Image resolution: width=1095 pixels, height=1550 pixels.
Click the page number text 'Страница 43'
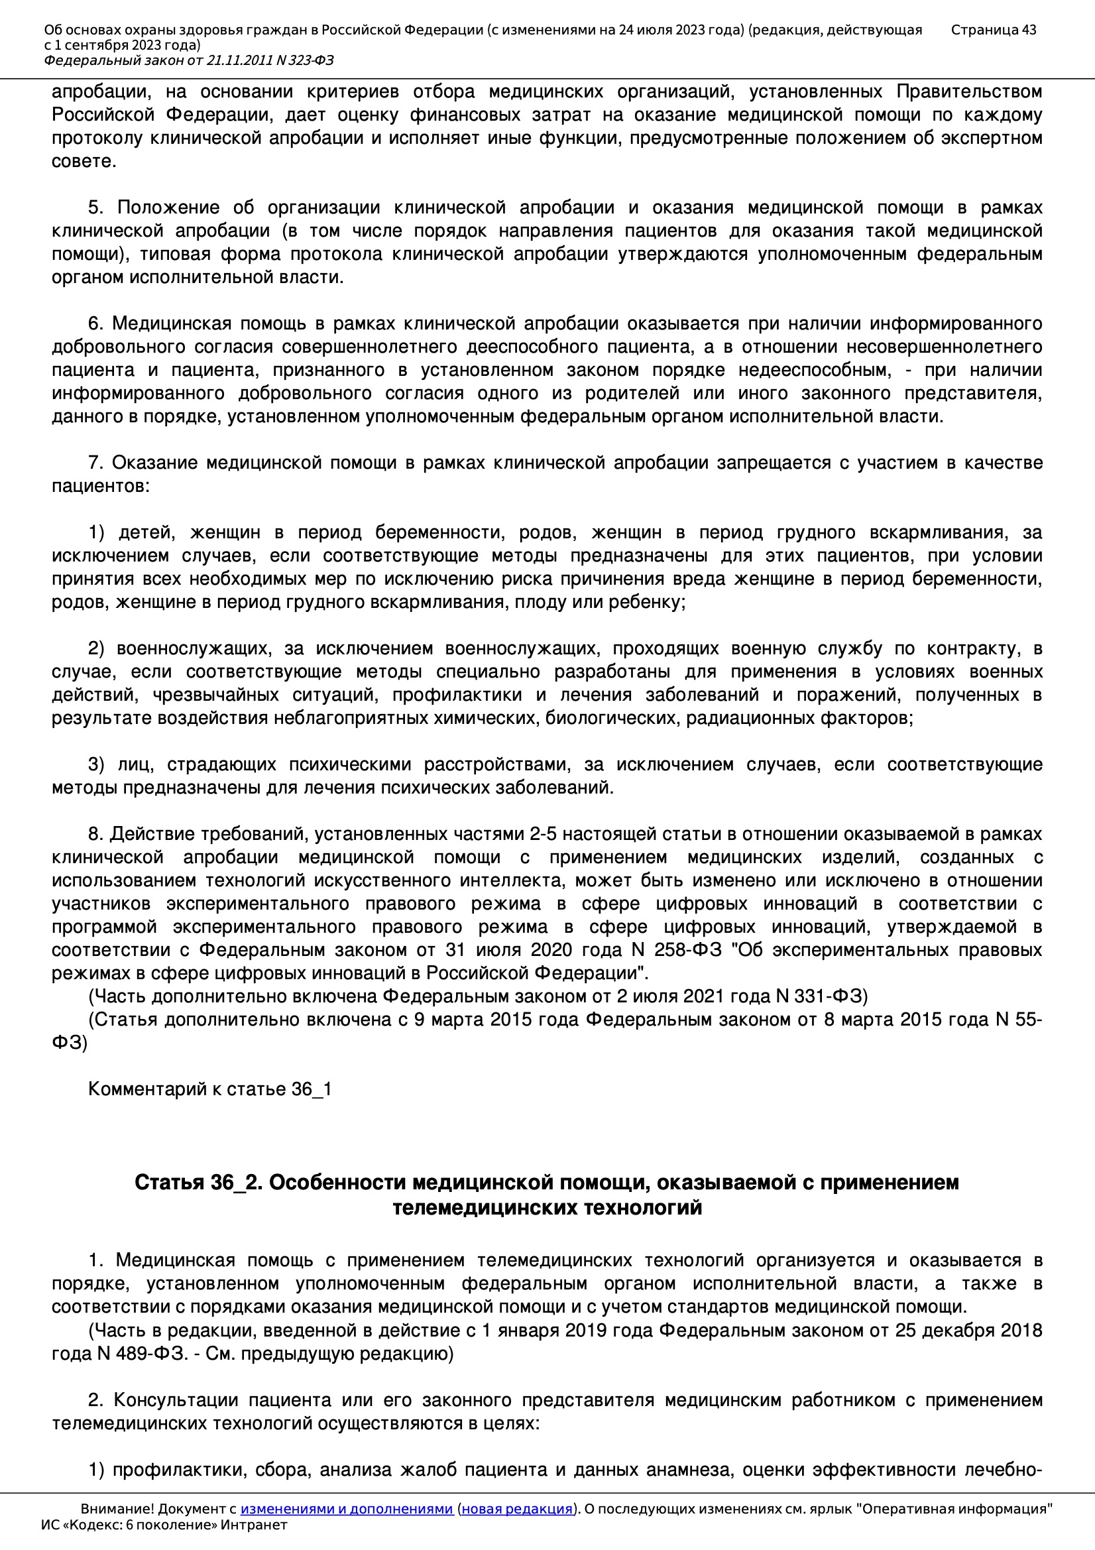(993, 30)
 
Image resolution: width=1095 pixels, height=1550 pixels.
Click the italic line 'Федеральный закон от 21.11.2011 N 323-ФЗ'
(188, 61)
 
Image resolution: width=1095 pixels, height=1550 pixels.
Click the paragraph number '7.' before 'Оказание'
(96, 463)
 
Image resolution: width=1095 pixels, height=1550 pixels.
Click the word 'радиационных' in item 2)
(750, 717)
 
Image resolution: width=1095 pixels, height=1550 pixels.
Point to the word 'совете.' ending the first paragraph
(84, 161)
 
